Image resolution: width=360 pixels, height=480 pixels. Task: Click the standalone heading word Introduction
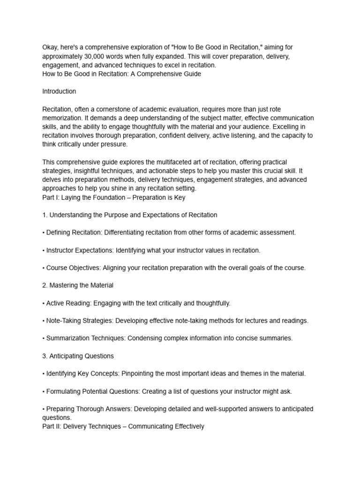59,91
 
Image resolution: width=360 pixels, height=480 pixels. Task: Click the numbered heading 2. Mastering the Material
78,285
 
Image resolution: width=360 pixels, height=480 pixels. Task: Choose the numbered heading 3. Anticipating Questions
78,356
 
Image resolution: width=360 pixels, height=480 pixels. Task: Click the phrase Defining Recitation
73,232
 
